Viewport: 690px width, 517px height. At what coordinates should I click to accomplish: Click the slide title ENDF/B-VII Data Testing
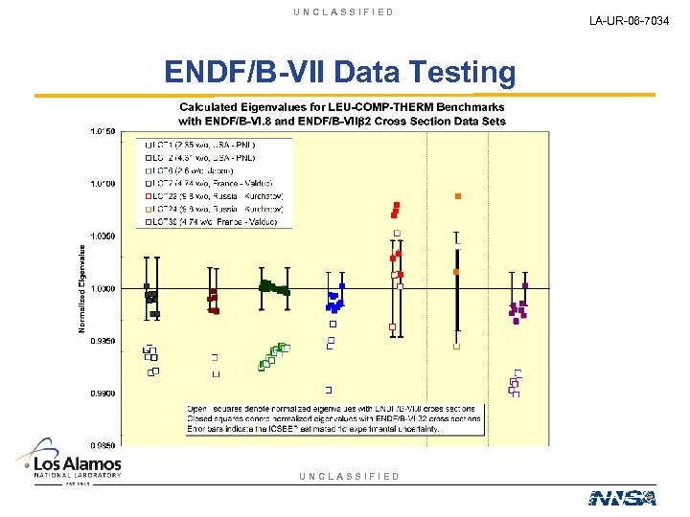(339, 72)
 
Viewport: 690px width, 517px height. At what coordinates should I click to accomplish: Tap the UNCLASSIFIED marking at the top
(344, 12)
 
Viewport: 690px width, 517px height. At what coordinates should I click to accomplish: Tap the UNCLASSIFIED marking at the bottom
(349, 476)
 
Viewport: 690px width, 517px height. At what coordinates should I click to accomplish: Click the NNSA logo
(622, 497)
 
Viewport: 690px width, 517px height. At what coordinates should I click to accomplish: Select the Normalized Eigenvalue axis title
(81, 288)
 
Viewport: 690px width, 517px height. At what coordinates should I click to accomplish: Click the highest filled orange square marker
(458, 196)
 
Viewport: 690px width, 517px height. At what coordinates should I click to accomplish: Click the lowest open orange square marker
(456, 347)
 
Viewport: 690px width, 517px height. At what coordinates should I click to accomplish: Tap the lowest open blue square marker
(329, 390)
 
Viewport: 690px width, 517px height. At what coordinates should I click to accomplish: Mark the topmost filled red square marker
(397, 205)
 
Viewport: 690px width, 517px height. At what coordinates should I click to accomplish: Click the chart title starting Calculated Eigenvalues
(341, 114)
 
